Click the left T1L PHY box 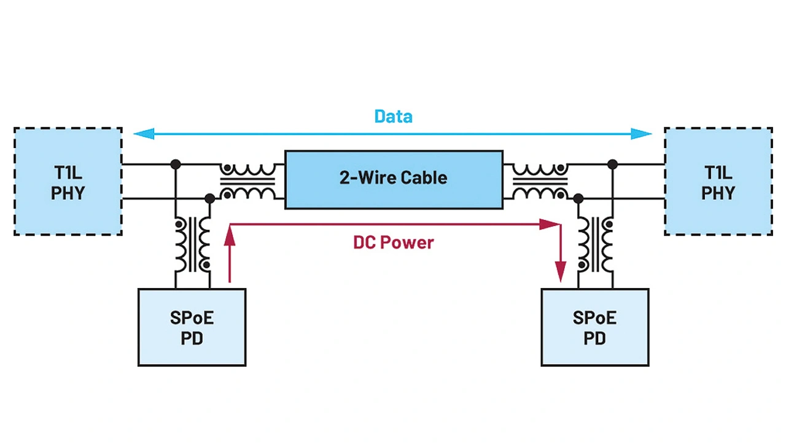point(68,181)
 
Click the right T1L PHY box point(718,181)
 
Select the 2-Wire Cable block point(394,179)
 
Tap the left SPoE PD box point(192,327)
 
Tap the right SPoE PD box point(594,327)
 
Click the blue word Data point(394,116)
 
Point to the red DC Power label point(394,243)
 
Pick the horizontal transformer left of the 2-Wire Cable point(248,181)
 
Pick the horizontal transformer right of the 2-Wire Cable point(539,181)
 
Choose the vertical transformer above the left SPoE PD point(193,244)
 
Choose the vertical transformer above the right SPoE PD point(595,244)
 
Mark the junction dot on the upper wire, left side point(176,164)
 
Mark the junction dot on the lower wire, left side point(210,198)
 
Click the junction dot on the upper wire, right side point(612,164)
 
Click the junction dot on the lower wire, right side point(578,198)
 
